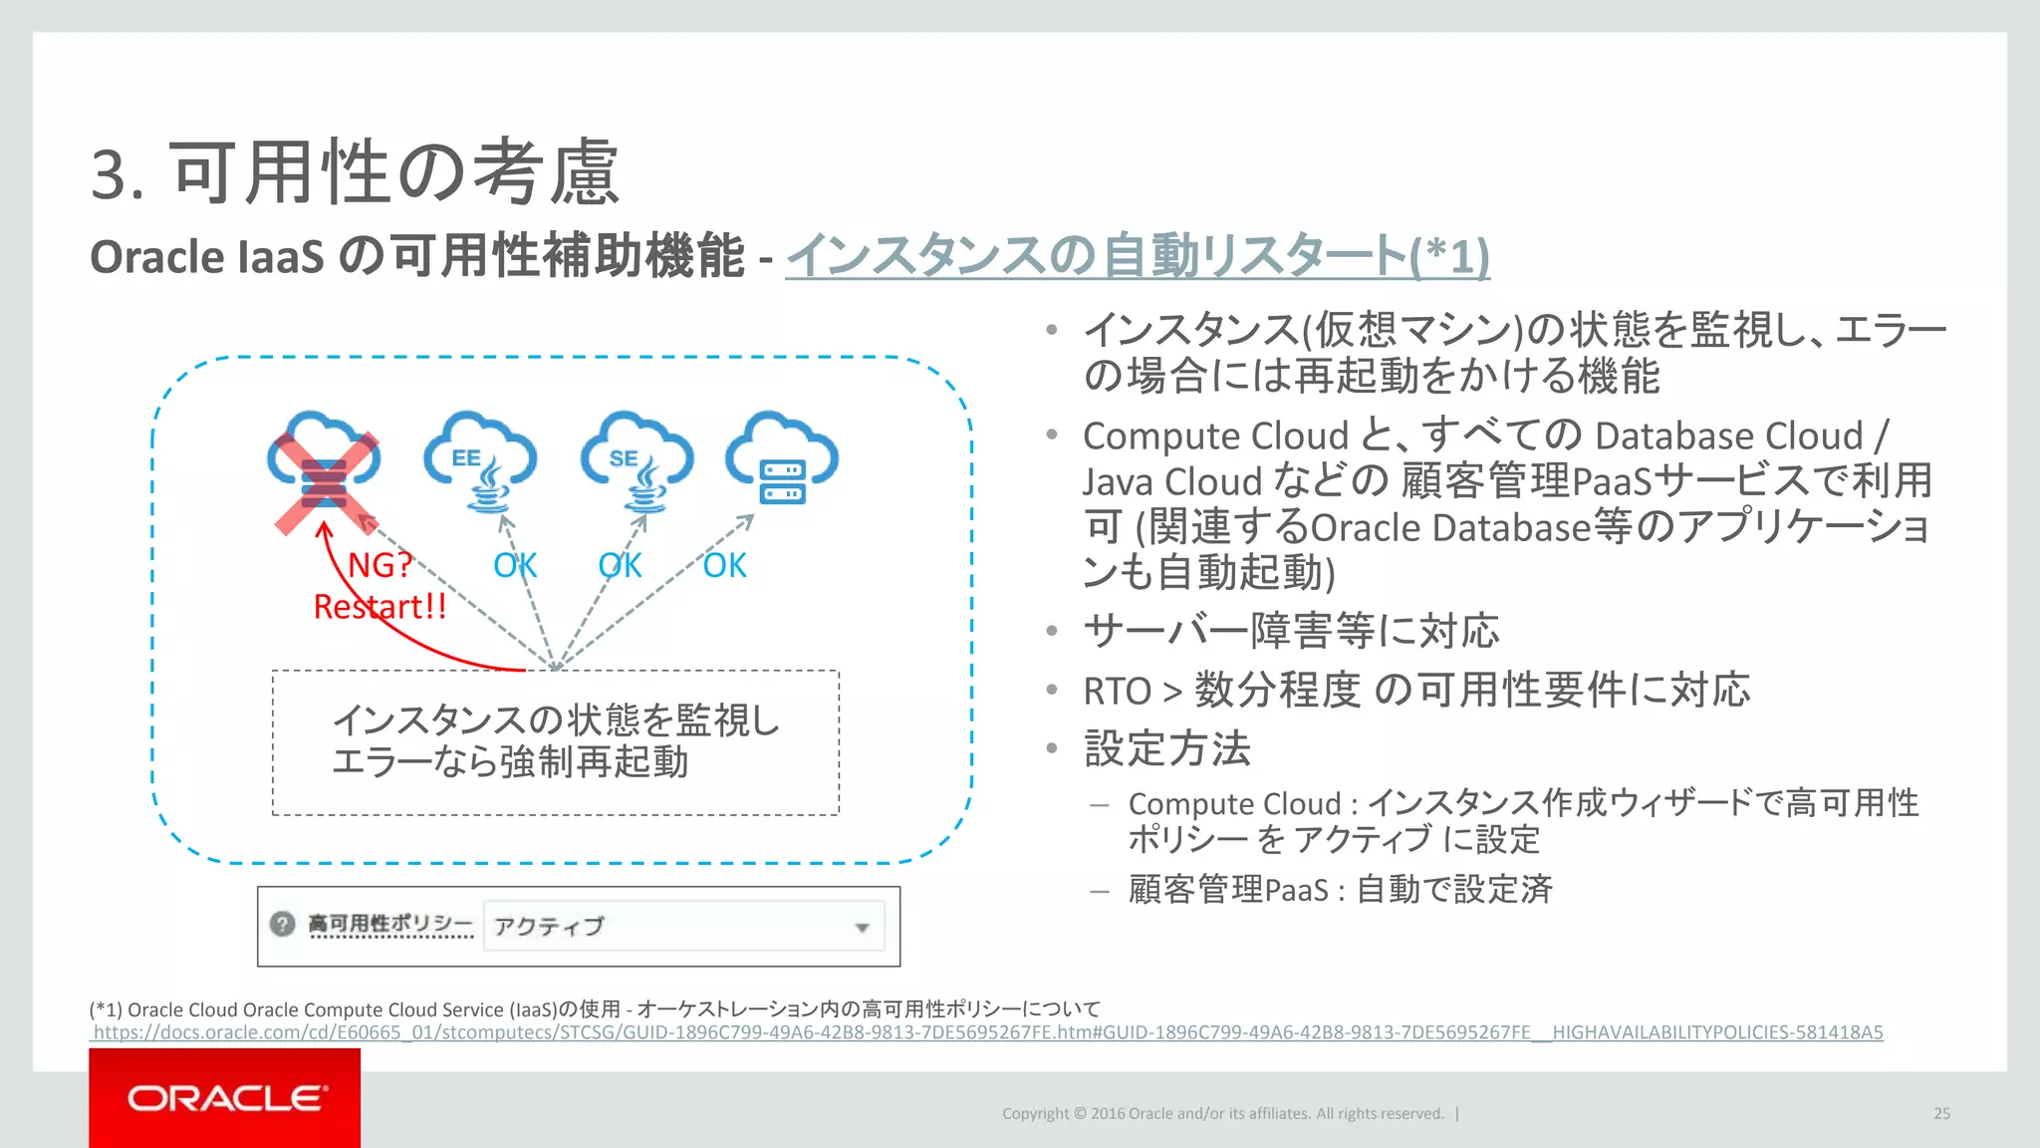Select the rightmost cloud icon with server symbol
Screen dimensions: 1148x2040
[782, 458]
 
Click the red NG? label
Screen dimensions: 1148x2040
[380, 565]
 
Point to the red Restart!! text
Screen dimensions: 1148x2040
[380, 607]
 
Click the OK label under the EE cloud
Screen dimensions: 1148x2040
[515, 566]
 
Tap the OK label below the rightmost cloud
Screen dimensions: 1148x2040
[724, 566]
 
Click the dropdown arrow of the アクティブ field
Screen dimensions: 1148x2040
[862, 928]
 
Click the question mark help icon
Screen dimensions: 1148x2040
[283, 924]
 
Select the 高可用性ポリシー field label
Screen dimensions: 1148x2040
[389, 924]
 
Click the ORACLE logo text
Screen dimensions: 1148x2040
[226, 1098]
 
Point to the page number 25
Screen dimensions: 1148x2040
[1941, 1114]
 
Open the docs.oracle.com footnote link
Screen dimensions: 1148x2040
[987, 1032]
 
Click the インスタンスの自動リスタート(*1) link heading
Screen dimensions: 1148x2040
[1137, 256]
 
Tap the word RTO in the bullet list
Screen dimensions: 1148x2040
[1117, 691]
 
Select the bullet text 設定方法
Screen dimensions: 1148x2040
[1166, 748]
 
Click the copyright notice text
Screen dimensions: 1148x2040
[1222, 1114]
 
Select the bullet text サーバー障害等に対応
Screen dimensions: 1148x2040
[1291, 631]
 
